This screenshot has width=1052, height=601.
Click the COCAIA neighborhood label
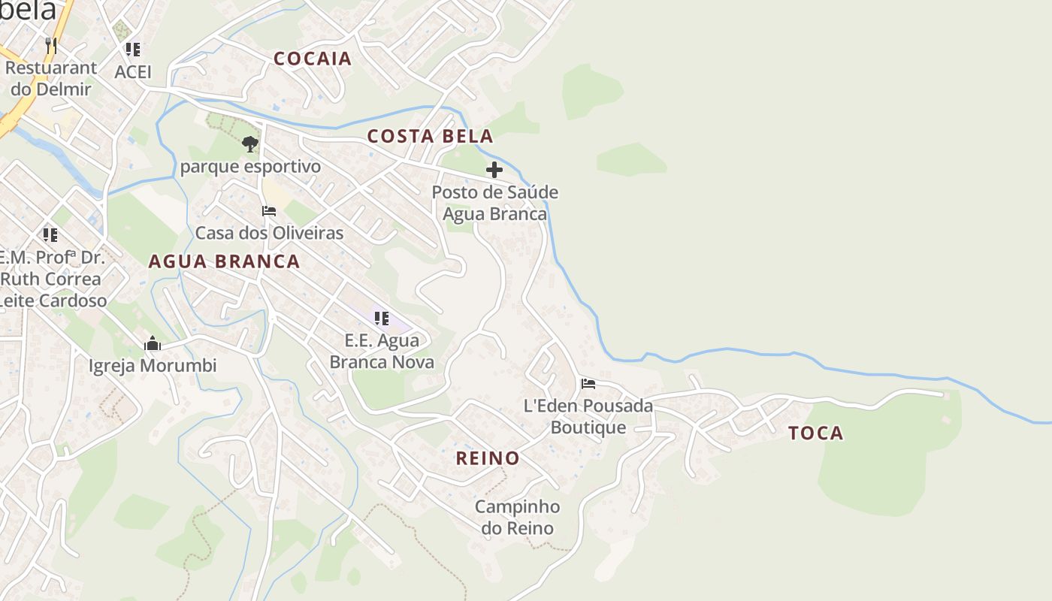313,59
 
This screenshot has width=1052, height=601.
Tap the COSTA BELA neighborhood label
430,136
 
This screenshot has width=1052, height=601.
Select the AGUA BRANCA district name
224,261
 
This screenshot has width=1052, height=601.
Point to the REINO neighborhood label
488,458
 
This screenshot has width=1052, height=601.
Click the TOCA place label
815,433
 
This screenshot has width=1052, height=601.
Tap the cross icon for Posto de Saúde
494,170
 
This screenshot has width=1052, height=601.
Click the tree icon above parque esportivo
250,143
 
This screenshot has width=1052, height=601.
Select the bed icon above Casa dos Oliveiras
268,211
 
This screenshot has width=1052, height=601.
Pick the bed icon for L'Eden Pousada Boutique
588,384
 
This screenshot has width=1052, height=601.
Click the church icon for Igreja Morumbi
153,344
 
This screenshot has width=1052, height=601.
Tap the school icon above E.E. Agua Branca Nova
382,319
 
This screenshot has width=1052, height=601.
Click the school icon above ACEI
133,50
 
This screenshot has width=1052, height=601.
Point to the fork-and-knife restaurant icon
51,45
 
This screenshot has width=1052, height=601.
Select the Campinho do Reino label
517,517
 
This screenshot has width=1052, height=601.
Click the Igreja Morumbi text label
153,366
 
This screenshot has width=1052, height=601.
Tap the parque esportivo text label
250,166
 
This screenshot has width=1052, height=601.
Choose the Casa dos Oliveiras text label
269,233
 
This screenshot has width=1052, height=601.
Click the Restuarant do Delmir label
51,78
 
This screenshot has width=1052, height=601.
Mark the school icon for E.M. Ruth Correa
50,235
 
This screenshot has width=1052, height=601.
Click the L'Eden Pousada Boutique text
588,416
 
